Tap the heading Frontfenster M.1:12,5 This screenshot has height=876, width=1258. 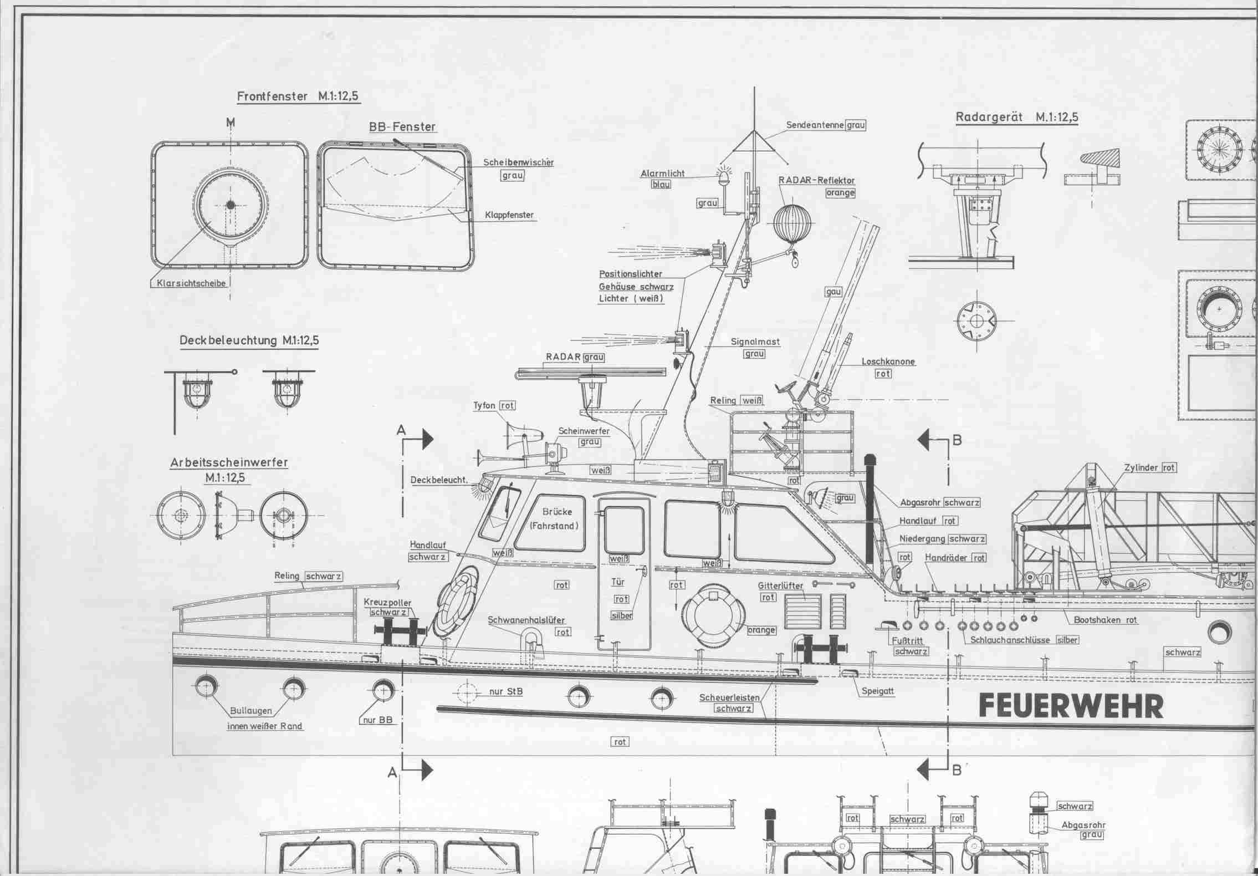click(298, 96)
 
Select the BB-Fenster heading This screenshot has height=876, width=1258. click(402, 127)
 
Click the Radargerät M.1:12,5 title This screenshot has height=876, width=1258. click(1016, 118)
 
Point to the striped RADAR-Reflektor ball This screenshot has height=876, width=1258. click(791, 223)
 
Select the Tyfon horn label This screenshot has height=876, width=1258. click(484, 405)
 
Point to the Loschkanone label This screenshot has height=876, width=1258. click(888, 361)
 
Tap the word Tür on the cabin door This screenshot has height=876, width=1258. click(617, 582)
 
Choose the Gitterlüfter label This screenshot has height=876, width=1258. click(780, 585)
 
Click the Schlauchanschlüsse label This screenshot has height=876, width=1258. click(1010, 640)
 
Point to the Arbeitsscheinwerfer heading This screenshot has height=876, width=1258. click(229, 463)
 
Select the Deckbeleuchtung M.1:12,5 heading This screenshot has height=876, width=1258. click(249, 340)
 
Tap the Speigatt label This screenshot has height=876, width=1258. click(878, 691)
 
